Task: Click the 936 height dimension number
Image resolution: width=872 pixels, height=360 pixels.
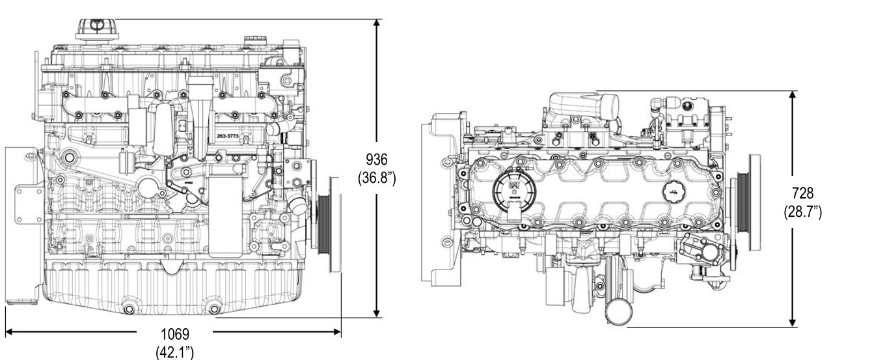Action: tap(377, 159)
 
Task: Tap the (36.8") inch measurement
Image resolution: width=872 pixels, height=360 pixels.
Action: tap(377, 177)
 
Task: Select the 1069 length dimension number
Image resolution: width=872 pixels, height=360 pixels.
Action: tap(175, 335)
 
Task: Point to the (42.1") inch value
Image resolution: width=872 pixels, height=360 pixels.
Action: tap(175, 352)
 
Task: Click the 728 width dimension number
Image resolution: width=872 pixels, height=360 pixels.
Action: tap(802, 194)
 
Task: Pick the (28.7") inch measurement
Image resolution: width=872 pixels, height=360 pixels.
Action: tap(802, 212)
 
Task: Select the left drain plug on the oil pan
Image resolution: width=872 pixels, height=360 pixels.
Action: tap(128, 308)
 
